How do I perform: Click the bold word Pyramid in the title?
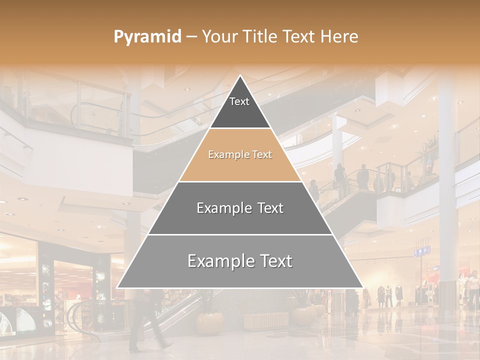(x=147, y=37)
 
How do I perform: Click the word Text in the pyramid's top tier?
(x=239, y=101)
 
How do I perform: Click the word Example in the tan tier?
(x=226, y=155)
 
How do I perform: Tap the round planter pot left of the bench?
(x=210, y=322)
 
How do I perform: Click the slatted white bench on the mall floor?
(x=268, y=320)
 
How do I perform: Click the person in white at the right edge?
(x=472, y=290)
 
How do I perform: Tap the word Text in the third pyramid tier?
(x=268, y=208)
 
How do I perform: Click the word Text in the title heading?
(x=298, y=37)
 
